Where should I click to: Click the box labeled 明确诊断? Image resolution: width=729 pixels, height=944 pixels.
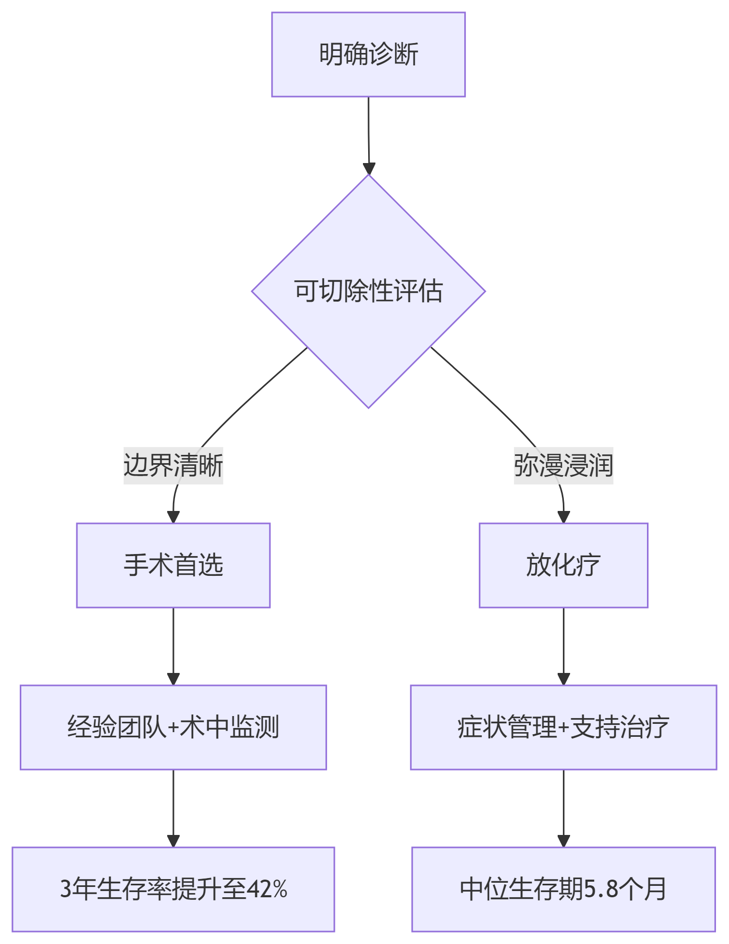pyautogui.click(x=368, y=55)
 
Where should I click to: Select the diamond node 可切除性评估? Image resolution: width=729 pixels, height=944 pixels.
pyautogui.click(x=368, y=291)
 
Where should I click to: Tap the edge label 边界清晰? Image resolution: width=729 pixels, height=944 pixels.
pyautogui.click(x=173, y=465)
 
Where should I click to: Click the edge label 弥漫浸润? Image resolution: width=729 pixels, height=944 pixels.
pyautogui.click(x=563, y=465)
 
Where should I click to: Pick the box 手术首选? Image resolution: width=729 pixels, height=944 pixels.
pyautogui.click(x=173, y=565)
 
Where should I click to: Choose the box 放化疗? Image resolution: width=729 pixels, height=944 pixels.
pyautogui.click(x=563, y=565)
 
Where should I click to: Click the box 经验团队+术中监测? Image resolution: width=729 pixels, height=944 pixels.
pyautogui.click(x=173, y=727)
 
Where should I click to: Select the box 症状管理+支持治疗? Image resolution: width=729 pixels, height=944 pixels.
pyautogui.click(x=563, y=727)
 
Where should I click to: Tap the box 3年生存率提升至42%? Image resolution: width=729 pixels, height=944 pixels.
pyautogui.click(x=173, y=889)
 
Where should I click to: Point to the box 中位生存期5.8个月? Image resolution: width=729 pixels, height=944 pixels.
pyautogui.click(x=563, y=889)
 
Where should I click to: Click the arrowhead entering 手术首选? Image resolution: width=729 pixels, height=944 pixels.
pyautogui.click(x=173, y=517)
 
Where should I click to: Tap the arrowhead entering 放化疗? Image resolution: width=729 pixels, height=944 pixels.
pyautogui.click(x=563, y=517)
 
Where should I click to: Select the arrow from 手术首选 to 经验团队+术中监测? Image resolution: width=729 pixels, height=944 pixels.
pyautogui.click(x=173, y=646)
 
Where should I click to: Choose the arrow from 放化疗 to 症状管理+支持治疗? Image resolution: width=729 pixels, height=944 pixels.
pyautogui.click(x=563, y=646)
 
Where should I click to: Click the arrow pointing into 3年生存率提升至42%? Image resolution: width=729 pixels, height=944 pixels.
pyautogui.click(x=173, y=808)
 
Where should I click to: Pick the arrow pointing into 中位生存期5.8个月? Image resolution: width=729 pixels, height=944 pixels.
pyautogui.click(x=563, y=808)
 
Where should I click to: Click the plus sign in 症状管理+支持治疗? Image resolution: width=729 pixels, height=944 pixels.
pyautogui.click(x=563, y=727)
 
